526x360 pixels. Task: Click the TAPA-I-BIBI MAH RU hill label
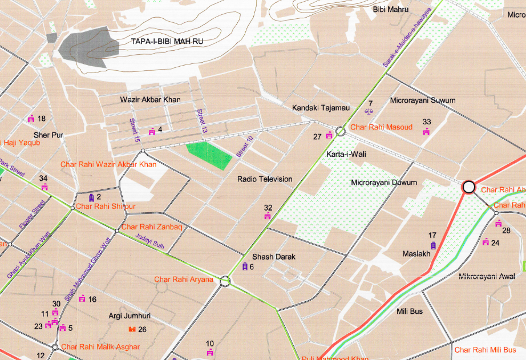point(167,42)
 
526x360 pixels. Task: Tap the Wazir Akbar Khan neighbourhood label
point(150,100)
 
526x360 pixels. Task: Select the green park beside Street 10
point(209,155)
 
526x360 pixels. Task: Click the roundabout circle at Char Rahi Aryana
point(225,281)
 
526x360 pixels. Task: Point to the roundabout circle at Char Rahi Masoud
point(341,131)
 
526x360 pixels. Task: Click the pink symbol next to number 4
point(152,131)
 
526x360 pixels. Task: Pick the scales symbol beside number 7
point(367,111)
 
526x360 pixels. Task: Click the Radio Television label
point(265,179)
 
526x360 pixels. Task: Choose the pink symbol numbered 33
point(426,132)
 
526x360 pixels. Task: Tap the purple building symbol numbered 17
point(433,245)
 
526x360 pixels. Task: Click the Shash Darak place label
point(270,257)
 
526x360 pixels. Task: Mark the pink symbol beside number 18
point(31,119)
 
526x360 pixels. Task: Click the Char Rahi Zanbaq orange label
point(152,227)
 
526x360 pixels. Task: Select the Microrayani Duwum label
point(384,183)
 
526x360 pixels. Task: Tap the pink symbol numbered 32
point(268,216)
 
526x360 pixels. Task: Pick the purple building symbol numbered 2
point(91,197)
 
